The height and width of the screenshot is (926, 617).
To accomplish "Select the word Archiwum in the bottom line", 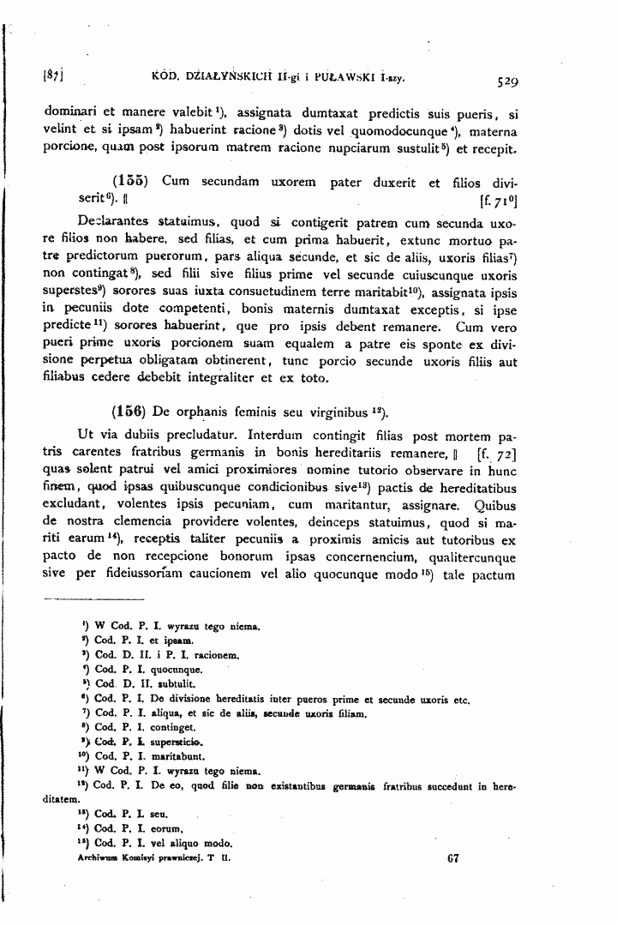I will click(x=98, y=857).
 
